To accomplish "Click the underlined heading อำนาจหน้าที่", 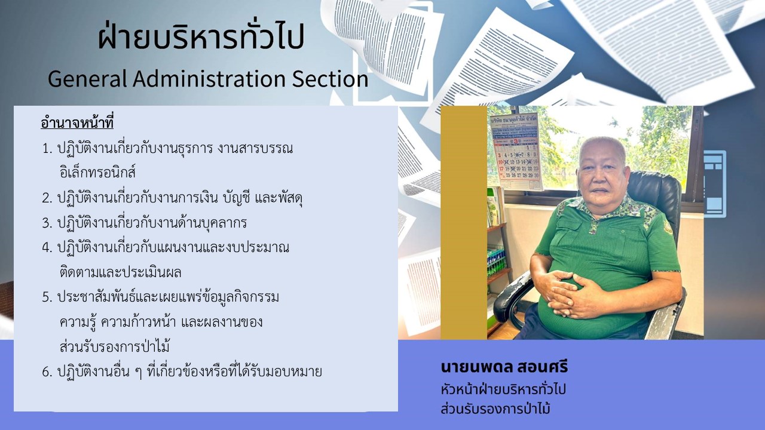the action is tap(77, 123).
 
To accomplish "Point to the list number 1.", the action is tap(47, 149).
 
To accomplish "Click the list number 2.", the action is tap(47, 198).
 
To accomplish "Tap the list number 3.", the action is tap(47, 223).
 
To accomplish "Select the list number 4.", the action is tap(47, 248).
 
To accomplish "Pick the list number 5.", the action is tap(47, 297).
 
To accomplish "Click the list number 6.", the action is tap(47, 372).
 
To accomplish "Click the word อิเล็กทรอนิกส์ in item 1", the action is tap(97, 172).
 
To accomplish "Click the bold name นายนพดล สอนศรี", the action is tap(504, 367).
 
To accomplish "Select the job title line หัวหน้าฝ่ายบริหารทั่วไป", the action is tap(503, 389).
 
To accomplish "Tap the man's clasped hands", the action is tap(577, 293).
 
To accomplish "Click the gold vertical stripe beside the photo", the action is tap(464, 223).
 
